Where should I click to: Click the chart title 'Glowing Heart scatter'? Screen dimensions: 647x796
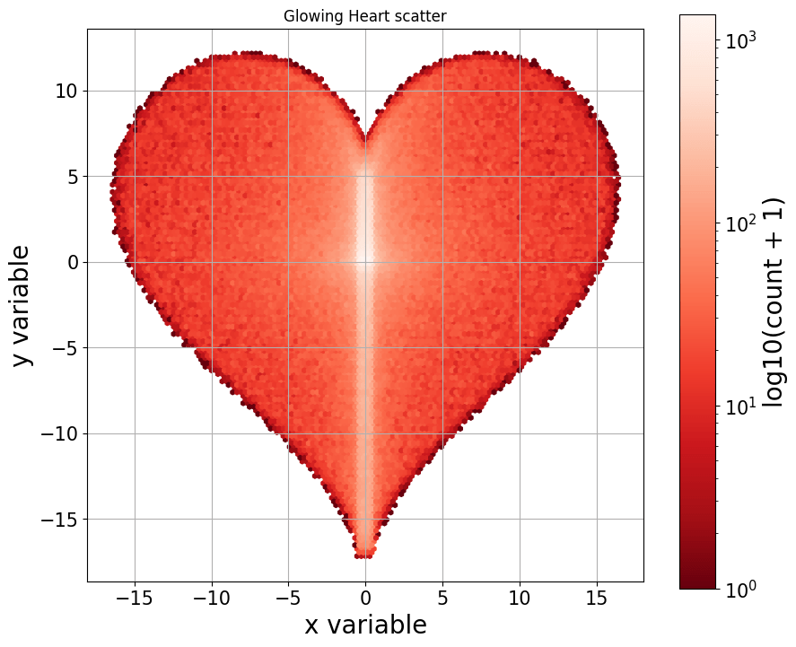point(364,16)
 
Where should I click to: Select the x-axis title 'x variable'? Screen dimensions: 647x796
point(365,625)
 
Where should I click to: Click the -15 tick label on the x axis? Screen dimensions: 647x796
point(135,596)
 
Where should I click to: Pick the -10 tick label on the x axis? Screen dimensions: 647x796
point(212,596)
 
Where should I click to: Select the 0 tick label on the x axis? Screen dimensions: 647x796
point(365,596)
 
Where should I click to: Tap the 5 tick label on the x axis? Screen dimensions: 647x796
point(442,596)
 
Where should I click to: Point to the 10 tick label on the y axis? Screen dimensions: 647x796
point(66,91)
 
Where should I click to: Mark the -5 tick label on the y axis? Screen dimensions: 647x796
point(63,348)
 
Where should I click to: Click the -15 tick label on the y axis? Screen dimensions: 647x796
point(57,520)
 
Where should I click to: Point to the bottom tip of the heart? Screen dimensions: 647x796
point(364,556)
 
